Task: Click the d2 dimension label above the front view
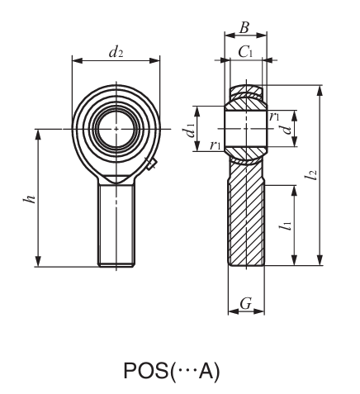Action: tap(116, 51)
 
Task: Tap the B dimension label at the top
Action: tap(245, 26)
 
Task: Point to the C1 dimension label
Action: tap(245, 52)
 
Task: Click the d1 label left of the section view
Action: tap(190, 130)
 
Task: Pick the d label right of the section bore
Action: tap(286, 130)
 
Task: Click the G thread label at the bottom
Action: tap(245, 305)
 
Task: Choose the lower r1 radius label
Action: tap(216, 146)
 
